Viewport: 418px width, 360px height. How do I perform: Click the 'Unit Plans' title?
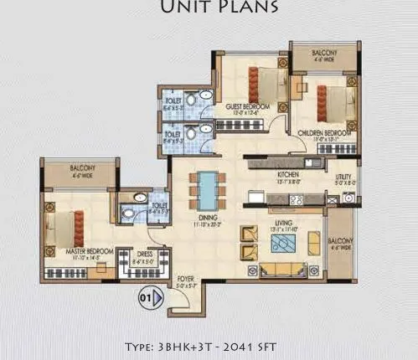pyautogui.click(x=209, y=9)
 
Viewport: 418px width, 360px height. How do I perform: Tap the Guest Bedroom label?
pyautogui.click(x=243, y=106)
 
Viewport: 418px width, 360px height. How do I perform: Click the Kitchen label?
pyautogui.click(x=288, y=175)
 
